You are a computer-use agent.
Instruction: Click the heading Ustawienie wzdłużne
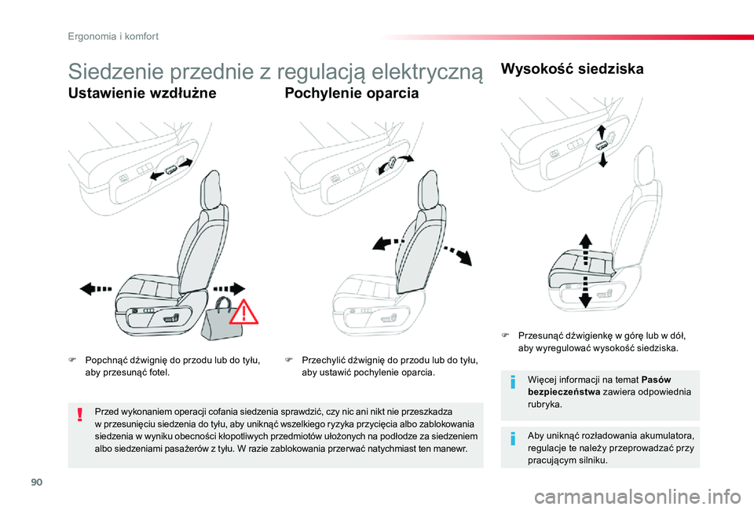pos(142,93)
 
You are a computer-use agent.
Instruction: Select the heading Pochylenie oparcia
pos(352,93)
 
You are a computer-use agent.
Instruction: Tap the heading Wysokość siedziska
pos(573,69)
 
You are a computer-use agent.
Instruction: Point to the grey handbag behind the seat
pos(222,318)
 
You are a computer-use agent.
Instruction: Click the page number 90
pos(37,482)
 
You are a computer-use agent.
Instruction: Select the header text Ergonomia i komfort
pos(113,36)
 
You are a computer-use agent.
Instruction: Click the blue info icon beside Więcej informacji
pos(513,383)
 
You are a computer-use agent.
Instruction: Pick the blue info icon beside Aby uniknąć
pos(513,438)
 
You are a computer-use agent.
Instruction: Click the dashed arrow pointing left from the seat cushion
pos(96,288)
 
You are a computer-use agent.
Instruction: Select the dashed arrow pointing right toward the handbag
pos(229,288)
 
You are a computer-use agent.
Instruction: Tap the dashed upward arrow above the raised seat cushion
pos(585,249)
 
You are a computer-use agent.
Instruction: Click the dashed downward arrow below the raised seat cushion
pos(585,292)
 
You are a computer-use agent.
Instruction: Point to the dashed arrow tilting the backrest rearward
pos(457,255)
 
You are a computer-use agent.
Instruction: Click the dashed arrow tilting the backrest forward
pos(388,243)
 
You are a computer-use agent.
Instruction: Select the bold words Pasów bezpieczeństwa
pos(599,386)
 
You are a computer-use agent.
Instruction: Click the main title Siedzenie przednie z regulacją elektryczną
pos(276,72)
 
